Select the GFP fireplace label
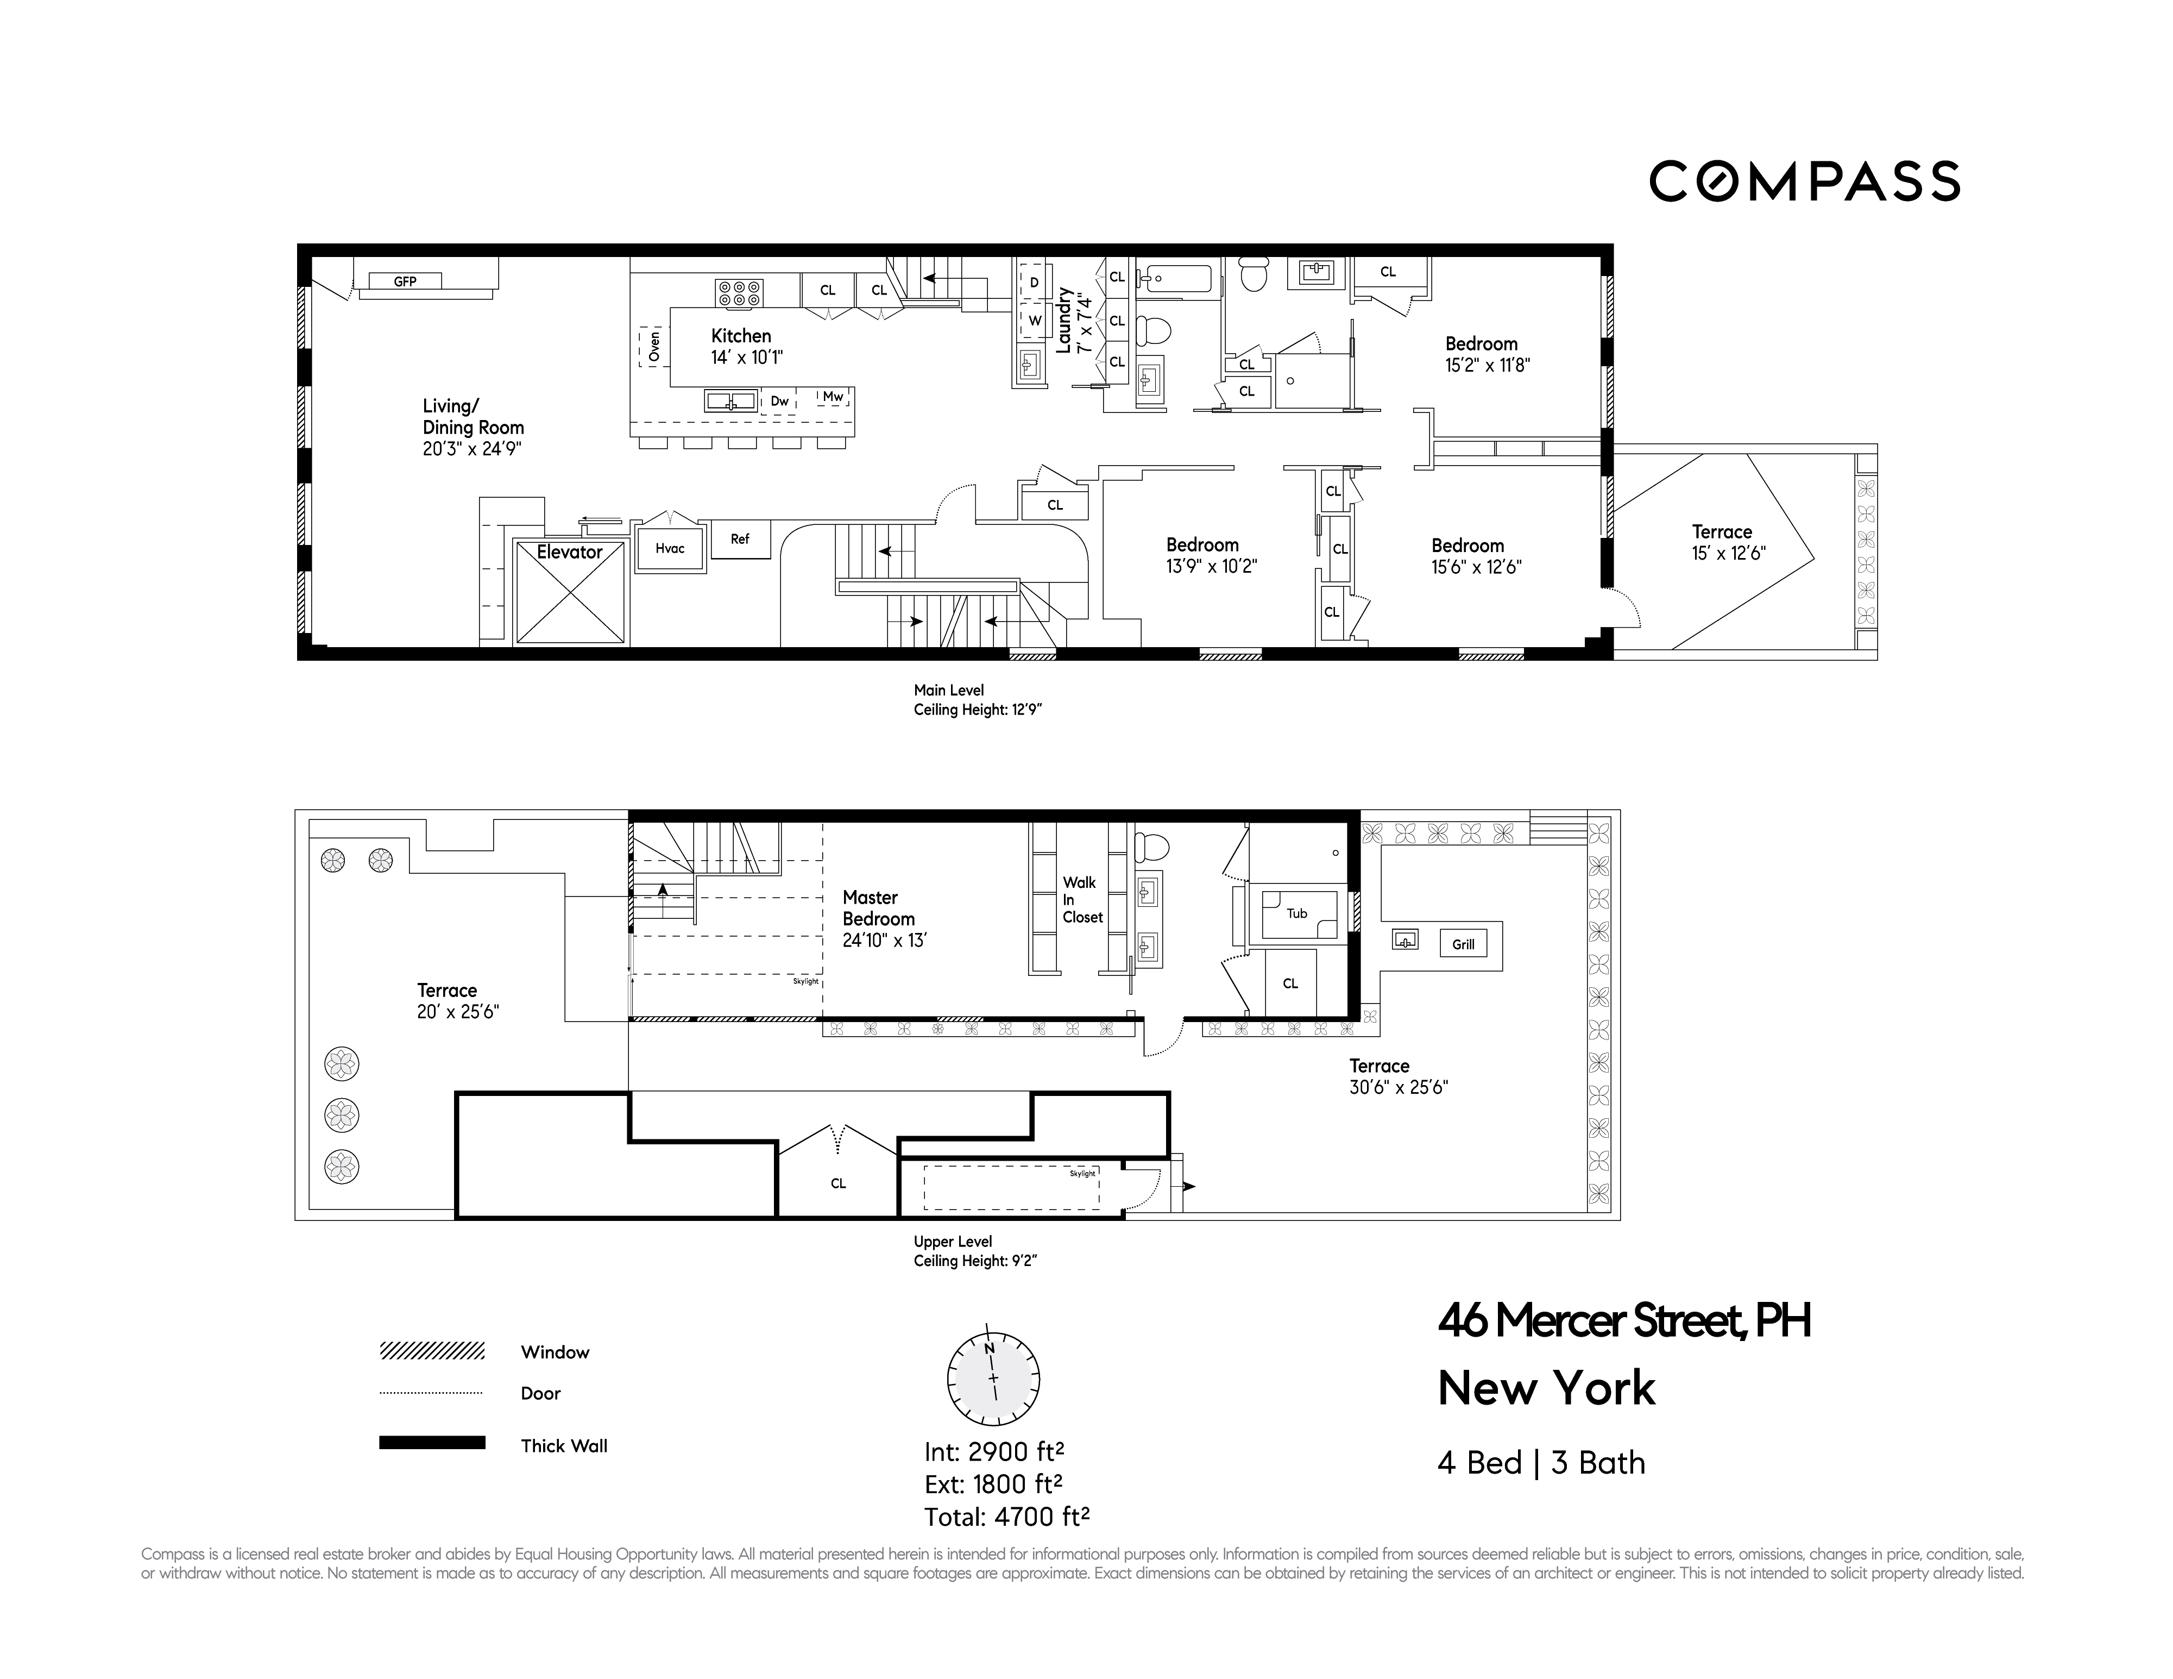(x=405, y=281)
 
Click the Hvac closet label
(x=670, y=548)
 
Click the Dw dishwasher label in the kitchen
(x=780, y=401)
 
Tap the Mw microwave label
(x=833, y=396)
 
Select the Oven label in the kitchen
(x=654, y=346)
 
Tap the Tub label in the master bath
(x=1296, y=913)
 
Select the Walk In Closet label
(x=1081, y=900)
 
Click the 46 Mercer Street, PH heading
(x=1624, y=1321)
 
